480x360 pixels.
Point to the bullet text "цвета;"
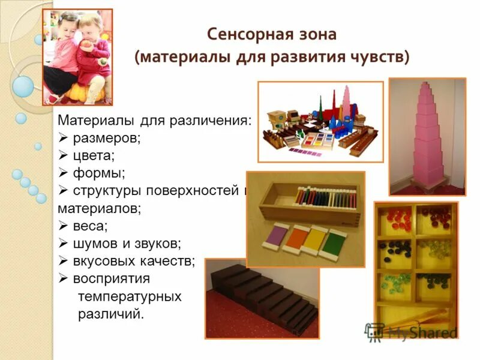[x=94, y=156]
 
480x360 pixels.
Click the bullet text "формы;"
[x=99, y=173]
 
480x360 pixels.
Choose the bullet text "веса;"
[x=91, y=226]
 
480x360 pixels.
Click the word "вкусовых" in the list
[x=104, y=261]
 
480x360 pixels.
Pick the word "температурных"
[x=130, y=296]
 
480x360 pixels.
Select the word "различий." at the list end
[x=112, y=314]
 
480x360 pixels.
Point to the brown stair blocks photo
[x=262, y=298]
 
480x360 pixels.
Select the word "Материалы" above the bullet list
[x=97, y=121]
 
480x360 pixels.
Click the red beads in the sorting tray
[x=396, y=215]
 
